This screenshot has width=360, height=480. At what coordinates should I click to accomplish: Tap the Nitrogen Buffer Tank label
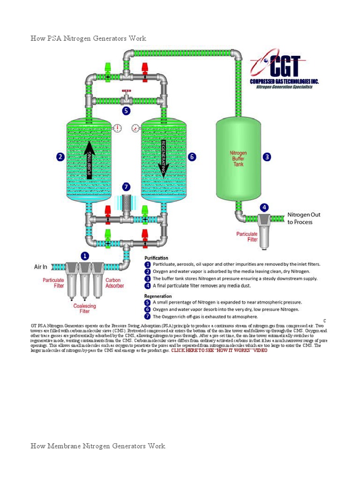(238, 158)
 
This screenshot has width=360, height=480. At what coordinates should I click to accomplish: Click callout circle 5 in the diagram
(126, 111)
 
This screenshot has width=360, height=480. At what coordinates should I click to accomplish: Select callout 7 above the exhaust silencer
(126, 187)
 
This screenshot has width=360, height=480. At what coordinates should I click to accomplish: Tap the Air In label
(41, 267)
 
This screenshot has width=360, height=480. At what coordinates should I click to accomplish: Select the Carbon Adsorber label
(114, 283)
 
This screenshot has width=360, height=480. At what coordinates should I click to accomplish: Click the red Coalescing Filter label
(84, 308)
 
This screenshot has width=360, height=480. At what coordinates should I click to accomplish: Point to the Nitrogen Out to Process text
(304, 218)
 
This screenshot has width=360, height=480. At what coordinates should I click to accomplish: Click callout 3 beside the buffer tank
(267, 157)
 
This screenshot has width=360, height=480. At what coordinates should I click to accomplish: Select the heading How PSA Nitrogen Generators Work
(89, 38)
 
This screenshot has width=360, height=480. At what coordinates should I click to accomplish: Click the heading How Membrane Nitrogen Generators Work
(98, 446)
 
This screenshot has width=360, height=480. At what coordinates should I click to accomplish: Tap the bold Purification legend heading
(157, 258)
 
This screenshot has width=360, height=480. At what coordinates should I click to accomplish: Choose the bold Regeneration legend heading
(158, 296)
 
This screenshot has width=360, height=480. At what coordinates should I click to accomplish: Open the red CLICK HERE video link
(219, 351)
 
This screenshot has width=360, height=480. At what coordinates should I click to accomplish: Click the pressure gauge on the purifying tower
(117, 127)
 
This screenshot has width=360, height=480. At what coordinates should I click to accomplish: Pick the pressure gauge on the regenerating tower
(135, 127)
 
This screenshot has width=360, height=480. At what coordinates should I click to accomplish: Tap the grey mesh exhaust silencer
(126, 204)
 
